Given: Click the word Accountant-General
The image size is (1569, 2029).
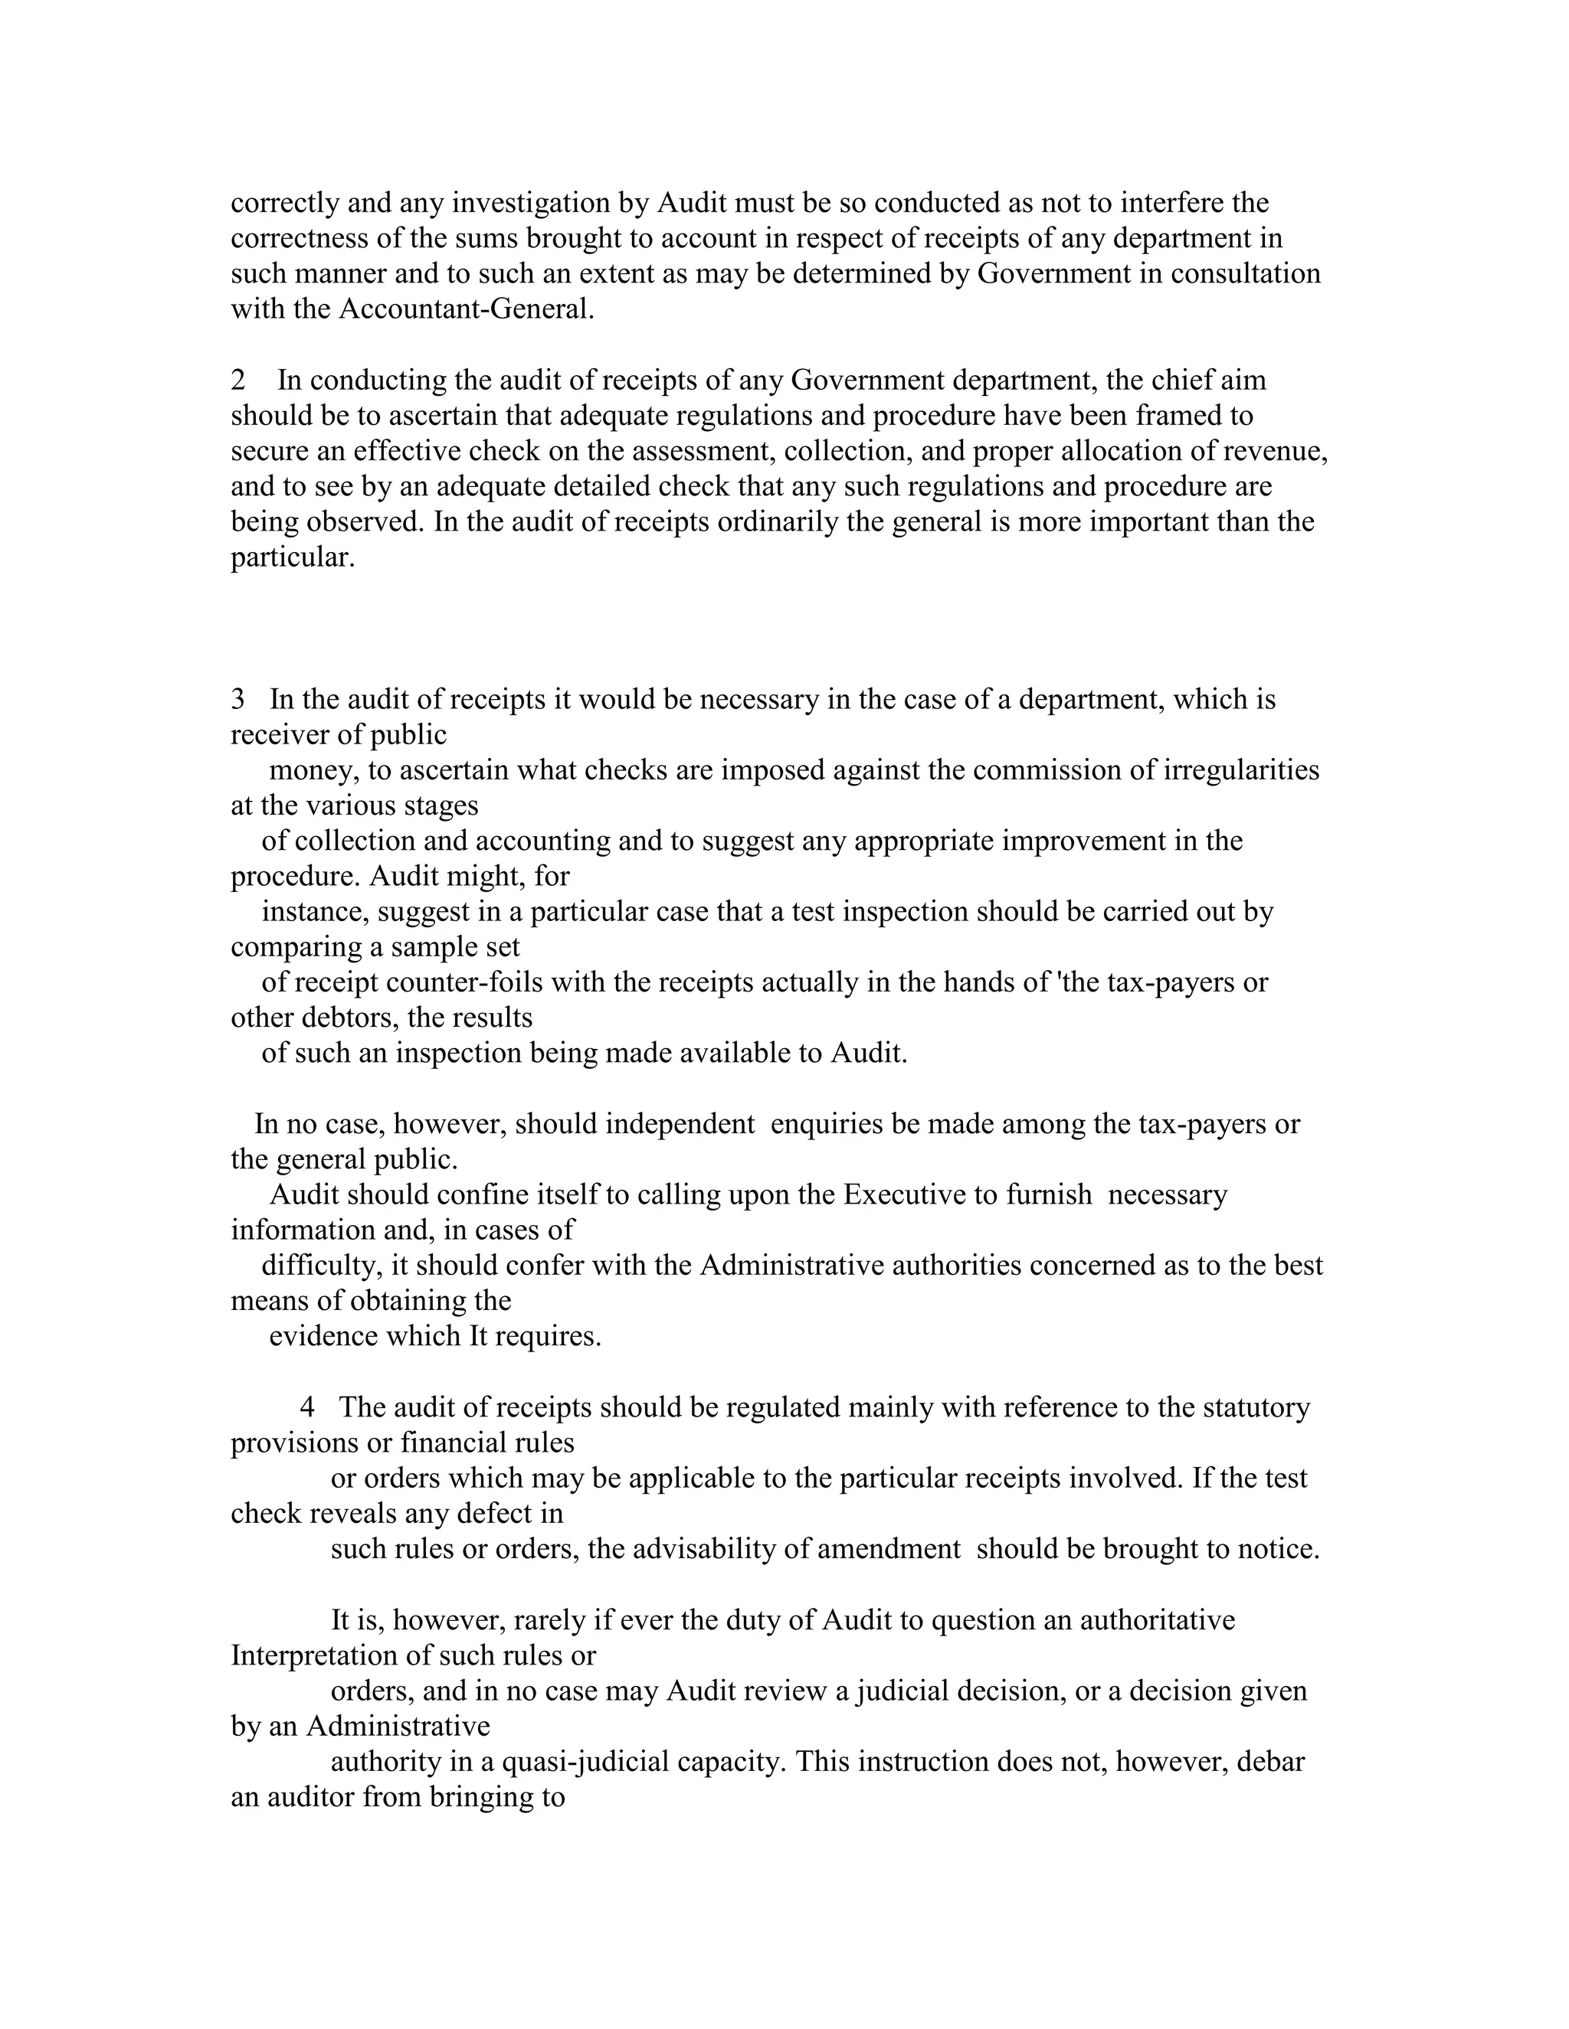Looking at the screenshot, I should coord(466,309).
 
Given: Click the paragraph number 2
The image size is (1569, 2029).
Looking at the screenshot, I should coord(239,381).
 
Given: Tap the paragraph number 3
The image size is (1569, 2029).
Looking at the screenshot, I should coord(239,700).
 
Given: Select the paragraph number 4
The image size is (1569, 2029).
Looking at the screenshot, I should coord(308,1407).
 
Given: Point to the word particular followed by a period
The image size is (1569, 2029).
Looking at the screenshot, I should coord(292,557).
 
